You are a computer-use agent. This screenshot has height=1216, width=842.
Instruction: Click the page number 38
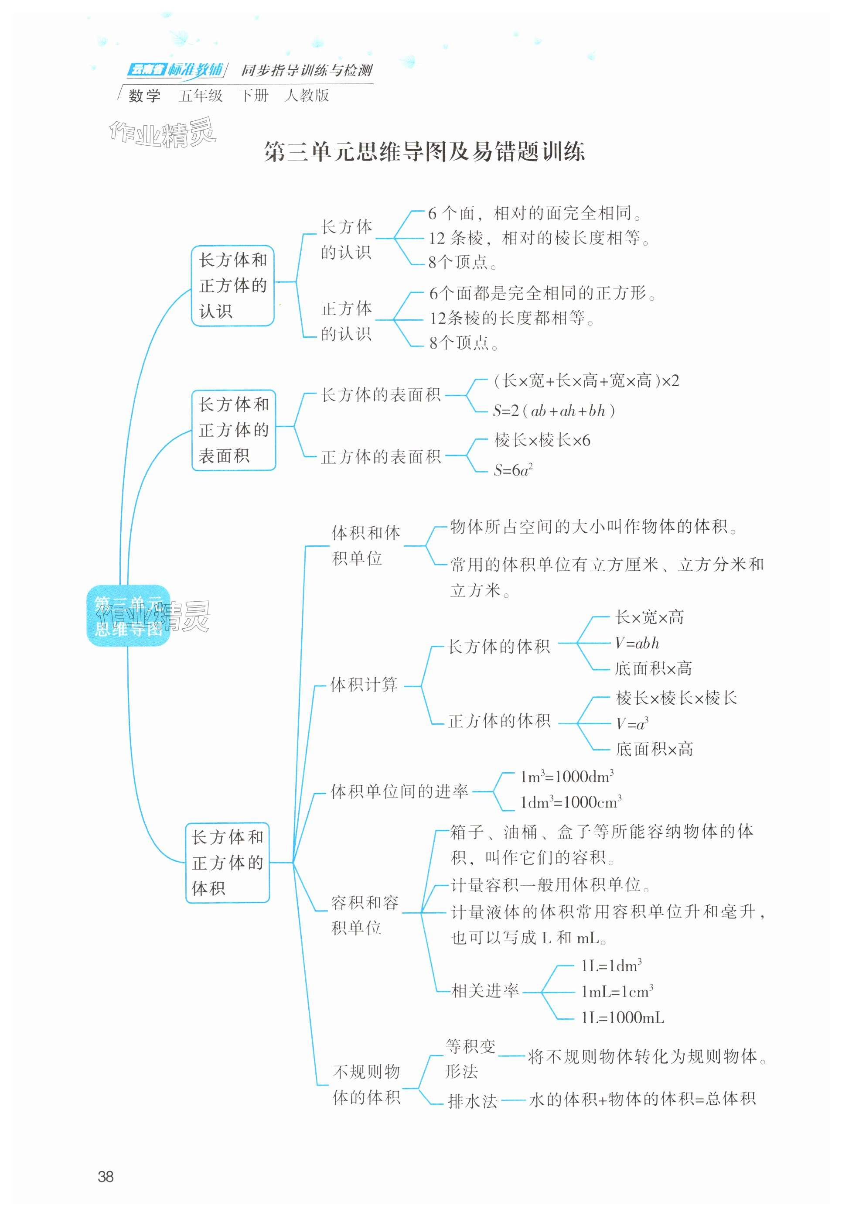pyautogui.click(x=106, y=1176)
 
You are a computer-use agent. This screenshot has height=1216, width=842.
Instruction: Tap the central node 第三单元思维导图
pyautogui.click(x=128, y=615)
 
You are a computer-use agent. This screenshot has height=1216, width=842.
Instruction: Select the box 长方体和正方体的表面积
pyautogui.click(x=233, y=430)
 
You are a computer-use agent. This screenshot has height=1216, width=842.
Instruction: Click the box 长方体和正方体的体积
pyautogui.click(x=227, y=863)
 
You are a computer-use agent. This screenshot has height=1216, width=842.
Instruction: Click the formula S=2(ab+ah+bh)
pyautogui.click(x=554, y=411)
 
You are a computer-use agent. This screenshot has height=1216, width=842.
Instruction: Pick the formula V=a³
pyautogui.click(x=632, y=723)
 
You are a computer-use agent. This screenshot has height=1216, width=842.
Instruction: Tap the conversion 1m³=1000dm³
pyautogui.click(x=566, y=776)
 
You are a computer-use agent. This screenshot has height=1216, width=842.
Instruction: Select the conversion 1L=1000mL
pyautogui.click(x=623, y=1017)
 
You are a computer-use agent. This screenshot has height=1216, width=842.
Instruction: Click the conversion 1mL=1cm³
pyautogui.click(x=617, y=991)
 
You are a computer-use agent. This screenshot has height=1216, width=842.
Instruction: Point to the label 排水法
pyautogui.click(x=472, y=1102)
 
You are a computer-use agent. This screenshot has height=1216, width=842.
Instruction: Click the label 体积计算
pyautogui.click(x=364, y=685)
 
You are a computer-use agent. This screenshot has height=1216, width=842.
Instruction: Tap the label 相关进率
pyautogui.click(x=485, y=990)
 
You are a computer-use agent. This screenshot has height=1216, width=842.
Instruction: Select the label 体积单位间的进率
pyautogui.click(x=399, y=791)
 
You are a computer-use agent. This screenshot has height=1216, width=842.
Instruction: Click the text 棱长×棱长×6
pyautogui.click(x=542, y=440)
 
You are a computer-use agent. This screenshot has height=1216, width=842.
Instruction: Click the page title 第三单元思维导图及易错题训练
pyautogui.click(x=424, y=152)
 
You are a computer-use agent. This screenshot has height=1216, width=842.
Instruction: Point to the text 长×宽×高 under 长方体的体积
pyautogui.click(x=649, y=617)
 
